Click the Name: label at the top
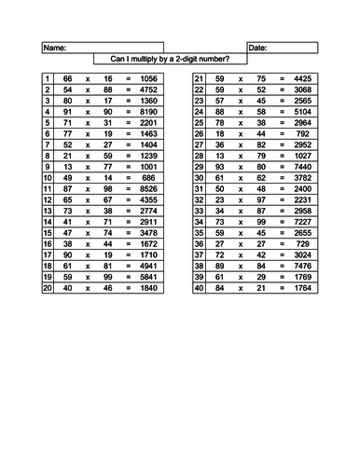pyautogui.click(x=55, y=47)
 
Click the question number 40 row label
pyautogui.click(x=199, y=288)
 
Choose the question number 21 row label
pyautogui.click(x=199, y=80)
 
